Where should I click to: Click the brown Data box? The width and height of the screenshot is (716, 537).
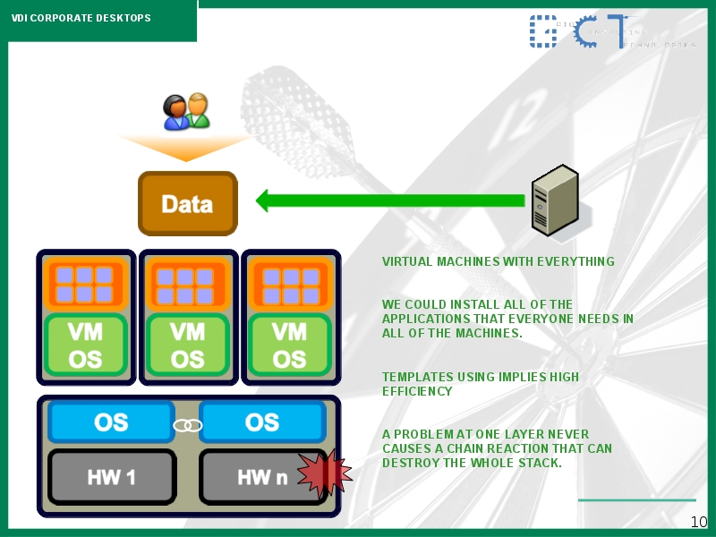(187, 203)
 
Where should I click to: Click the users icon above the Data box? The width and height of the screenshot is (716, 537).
(186, 112)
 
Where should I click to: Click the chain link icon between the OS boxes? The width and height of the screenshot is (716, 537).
(187, 424)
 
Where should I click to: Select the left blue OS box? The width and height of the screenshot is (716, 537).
(111, 422)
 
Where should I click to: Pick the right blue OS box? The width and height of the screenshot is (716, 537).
(261, 422)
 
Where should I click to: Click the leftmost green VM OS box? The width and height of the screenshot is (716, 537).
(86, 345)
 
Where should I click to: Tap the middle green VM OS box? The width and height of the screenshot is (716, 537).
(188, 345)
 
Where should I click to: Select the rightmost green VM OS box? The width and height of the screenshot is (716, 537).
(289, 345)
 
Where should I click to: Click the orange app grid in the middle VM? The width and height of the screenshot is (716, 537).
(188, 284)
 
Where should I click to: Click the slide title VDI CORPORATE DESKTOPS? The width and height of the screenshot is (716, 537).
(81, 18)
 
